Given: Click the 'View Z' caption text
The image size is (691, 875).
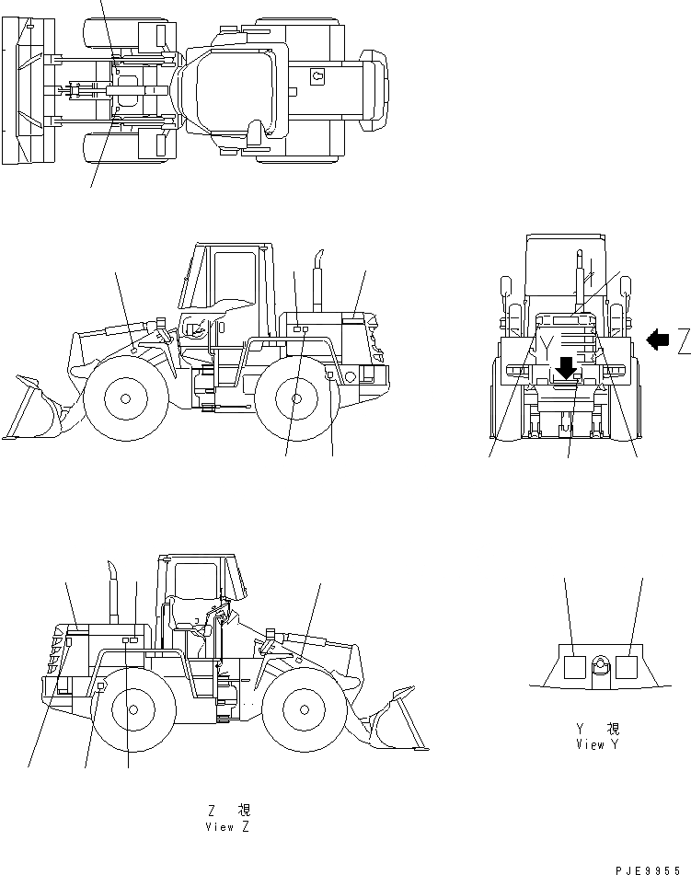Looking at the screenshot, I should click(x=228, y=826).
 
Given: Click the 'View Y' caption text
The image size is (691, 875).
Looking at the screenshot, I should click(x=596, y=743).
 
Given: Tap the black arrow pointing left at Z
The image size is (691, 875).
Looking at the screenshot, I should click(x=658, y=340).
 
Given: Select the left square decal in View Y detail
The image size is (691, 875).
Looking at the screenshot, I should click(x=573, y=666).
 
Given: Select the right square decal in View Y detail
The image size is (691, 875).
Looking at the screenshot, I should click(x=627, y=666).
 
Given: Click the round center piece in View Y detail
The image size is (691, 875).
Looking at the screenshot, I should click(x=600, y=666).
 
